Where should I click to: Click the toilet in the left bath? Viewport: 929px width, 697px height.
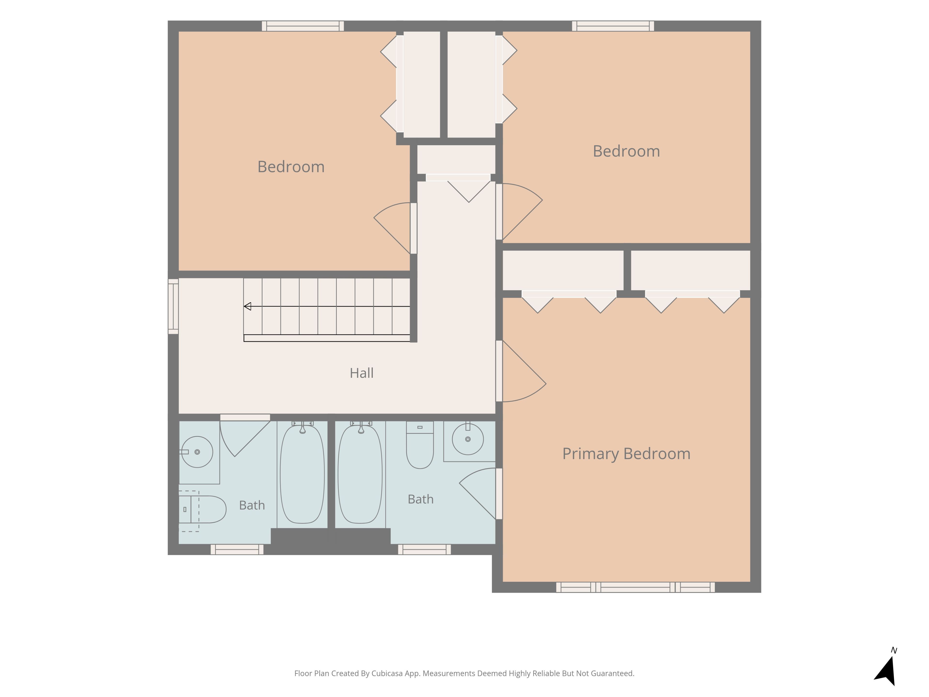[x=202, y=509]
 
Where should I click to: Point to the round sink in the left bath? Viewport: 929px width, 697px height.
[x=197, y=452]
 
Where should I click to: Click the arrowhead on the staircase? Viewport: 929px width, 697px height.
[x=247, y=306]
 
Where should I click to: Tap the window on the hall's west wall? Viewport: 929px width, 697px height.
[x=173, y=306]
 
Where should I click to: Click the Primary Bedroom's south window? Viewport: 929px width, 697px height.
[x=636, y=587]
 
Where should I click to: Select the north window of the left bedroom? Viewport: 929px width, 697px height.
[x=303, y=26]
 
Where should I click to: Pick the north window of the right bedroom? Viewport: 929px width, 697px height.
[x=613, y=26]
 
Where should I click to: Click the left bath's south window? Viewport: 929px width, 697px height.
[x=237, y=550]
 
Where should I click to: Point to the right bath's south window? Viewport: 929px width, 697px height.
[x=424, y=550]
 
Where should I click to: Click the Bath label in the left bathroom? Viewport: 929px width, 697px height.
[x=252, y=505]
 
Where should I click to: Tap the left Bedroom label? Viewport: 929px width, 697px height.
[x=291, y=167]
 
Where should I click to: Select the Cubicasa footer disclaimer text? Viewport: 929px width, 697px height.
[x=464, y=674]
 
